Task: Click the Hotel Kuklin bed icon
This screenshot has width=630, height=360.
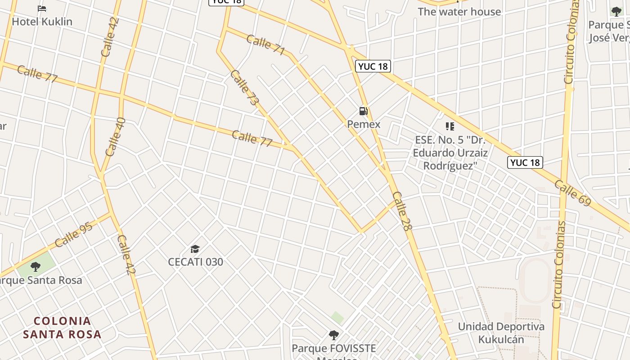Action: (42, 8)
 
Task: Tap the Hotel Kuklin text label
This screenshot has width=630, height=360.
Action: (42, 21)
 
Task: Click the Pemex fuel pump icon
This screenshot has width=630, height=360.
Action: (363, 111)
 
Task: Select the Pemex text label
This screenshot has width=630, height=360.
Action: (364, 124)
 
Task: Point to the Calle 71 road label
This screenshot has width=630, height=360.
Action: (265, 45)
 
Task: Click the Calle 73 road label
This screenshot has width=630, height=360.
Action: (244, 88)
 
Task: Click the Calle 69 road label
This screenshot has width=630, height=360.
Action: (572, 193)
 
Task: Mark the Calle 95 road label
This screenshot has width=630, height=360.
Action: (73, 234)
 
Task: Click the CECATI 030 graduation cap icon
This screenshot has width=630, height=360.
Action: (195, 249)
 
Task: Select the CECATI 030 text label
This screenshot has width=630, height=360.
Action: (195, 262)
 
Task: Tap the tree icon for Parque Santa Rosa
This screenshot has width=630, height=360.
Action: (35, 267)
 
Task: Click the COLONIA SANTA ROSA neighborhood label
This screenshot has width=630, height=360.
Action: (62, 328)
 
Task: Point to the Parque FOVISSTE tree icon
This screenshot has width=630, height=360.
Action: (333, 335)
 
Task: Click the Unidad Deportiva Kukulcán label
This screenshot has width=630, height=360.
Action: (501, 333)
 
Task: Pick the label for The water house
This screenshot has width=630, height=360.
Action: (459, 12)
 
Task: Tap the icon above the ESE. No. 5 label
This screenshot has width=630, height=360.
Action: (450, 126)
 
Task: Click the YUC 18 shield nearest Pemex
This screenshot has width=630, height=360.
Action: (373, 67)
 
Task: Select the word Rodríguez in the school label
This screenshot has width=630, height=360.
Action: (450, 166)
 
